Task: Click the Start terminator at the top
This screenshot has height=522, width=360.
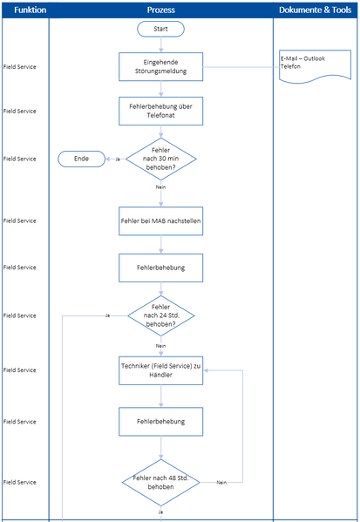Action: coord(160,29)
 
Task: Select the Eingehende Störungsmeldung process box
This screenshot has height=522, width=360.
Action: coord(160,66)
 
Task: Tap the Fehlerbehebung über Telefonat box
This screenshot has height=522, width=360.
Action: coord(160,111)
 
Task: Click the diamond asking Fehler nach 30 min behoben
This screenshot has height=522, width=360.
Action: coord(160,159)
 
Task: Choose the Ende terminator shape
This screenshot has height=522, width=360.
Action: coord(81,159)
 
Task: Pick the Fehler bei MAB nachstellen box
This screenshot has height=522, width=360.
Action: coord(160,220)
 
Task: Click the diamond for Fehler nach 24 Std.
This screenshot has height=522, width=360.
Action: coord(160,315)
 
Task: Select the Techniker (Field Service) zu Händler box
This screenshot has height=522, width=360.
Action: coord(160,369)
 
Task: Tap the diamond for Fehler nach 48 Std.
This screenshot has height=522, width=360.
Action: coord(160,482)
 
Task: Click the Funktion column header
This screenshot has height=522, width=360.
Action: coord(24,10)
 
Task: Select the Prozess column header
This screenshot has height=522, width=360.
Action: coord(160,10)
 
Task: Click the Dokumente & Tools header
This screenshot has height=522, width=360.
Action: coord(316,10)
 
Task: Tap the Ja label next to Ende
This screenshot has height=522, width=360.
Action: coord(118,159)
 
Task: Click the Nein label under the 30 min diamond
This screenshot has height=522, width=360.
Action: coord(160,187)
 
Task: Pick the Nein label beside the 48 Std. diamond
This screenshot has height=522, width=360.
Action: coord(221,482)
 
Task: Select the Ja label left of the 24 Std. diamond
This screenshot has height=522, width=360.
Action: coord(106,315)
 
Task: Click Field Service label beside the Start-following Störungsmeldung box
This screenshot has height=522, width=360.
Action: coord(20,66)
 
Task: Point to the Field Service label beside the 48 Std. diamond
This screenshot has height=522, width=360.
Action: coord(20,482)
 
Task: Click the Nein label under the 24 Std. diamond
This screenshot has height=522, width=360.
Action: coord(160,345)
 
